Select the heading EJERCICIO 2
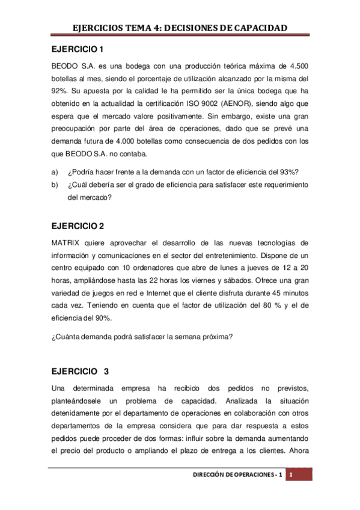pos(78,226)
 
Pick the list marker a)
pos(54,171)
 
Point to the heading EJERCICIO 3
pos(79,370)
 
